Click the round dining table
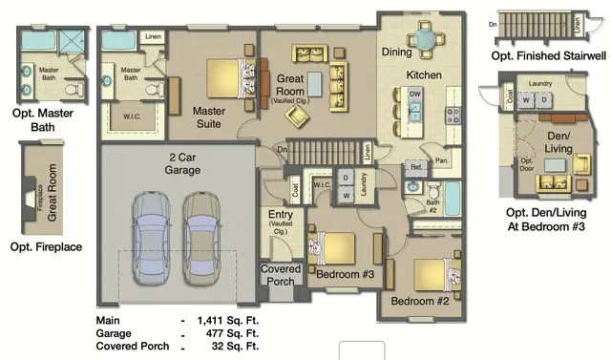(424, 38)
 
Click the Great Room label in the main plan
(290, 83)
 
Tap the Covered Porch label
(281, 275)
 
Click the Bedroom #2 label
(419, 303)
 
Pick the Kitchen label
(422, 74)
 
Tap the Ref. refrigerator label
(416, 165)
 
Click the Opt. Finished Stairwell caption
(548, 57)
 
